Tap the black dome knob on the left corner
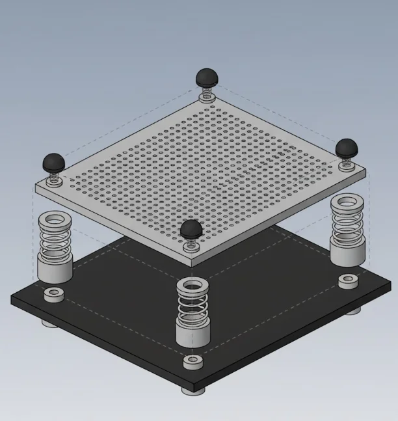pos(53,161)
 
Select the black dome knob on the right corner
pos(346,147)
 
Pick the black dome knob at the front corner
pos(191,228)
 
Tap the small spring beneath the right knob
pos(345,161)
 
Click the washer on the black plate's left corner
pos(53,295)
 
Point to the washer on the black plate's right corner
pos(348,282)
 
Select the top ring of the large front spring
pos(193,285)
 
